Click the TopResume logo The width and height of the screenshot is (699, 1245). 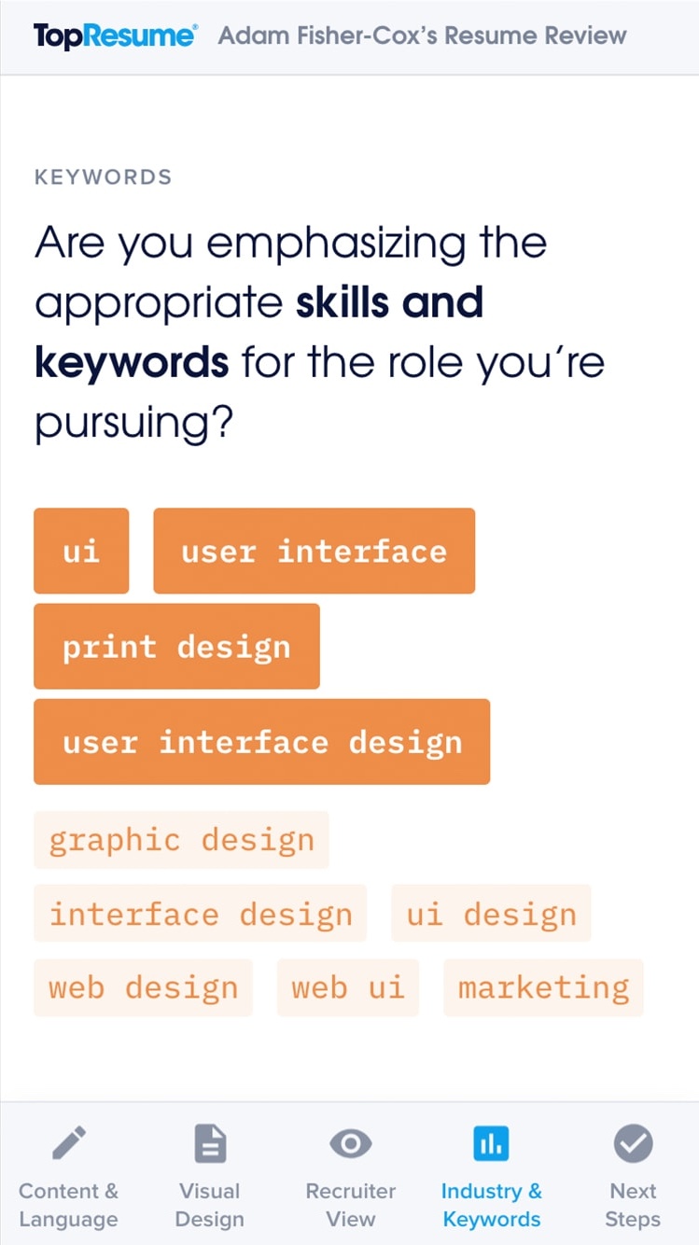pyautogui.click(x=115, y=36)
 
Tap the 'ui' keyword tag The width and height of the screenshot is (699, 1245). pyautogui.click(x=81, y=551)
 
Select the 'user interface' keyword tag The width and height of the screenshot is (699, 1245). pyautogui.click(x=314, y=551)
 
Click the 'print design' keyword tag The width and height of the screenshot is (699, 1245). pyautogui.click(x=176, y=647)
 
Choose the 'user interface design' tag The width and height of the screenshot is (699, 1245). pyautogui.click(x=261, y=742)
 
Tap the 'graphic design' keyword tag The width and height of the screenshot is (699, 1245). pyautogui.click(x=181, y=840)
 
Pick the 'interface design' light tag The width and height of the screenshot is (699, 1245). pyautogui.click(x=200, y=913)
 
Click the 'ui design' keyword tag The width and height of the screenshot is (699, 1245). pyautogui.click(x=491, y=913)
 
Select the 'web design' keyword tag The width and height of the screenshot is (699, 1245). pyautogui.click(x=144, y=987)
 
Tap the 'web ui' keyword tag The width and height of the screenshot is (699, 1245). pyautogui.click(x=348, y=987)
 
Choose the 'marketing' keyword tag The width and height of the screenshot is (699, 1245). pyautogui.click(x=543, y=987)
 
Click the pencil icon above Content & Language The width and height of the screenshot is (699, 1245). pyautogui.click(x=69, y=1142)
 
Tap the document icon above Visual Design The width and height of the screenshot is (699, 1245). pyautogui.click(x=210, y=1143)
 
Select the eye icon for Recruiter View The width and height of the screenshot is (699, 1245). pyautogui.click(x=351, y=1144)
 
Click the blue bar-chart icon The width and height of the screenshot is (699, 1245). pyautogui.click(x=491, y=1144)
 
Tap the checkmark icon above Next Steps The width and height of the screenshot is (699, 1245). pyautogui.click(x=634, y=1143)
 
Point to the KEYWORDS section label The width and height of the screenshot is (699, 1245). pyautogui.click(x=104, y=177)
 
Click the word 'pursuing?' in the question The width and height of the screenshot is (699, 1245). pyautogui.click(x=133, y=424)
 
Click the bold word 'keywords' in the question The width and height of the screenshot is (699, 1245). pyautogui.click(x=132, y=362)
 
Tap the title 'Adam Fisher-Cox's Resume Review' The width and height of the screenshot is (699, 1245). pyautogui.click(x=422, y=35)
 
